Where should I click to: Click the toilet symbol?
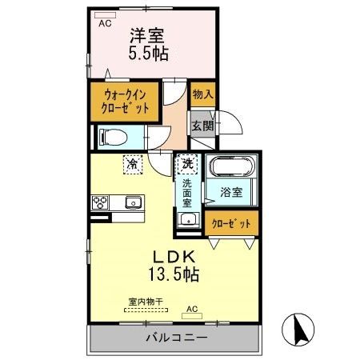(x=113, y=137)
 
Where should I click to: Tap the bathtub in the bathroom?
(x=231, y=166)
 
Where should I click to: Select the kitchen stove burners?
(x=100, y=202)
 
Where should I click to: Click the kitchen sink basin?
(x=133, y=202)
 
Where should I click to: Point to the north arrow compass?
(x=298, y=330)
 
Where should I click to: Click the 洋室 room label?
(x=147, y=35)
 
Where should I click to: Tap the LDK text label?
(x=174, y=257)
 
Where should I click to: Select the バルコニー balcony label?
(x=177, y=338)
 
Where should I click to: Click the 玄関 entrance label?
(x=203, y=126)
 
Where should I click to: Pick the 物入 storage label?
(x=203, y=94)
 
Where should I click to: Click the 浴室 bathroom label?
(x=231, y=192)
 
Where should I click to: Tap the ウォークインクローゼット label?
(x=125, y=102)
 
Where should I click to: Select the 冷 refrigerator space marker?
(x=133, y=164)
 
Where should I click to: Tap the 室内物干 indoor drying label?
(x=146, y=302)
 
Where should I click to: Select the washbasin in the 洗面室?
(x=188, y=220)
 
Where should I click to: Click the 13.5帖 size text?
(x=174, y=274)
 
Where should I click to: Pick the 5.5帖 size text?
(x=149, y=53)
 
